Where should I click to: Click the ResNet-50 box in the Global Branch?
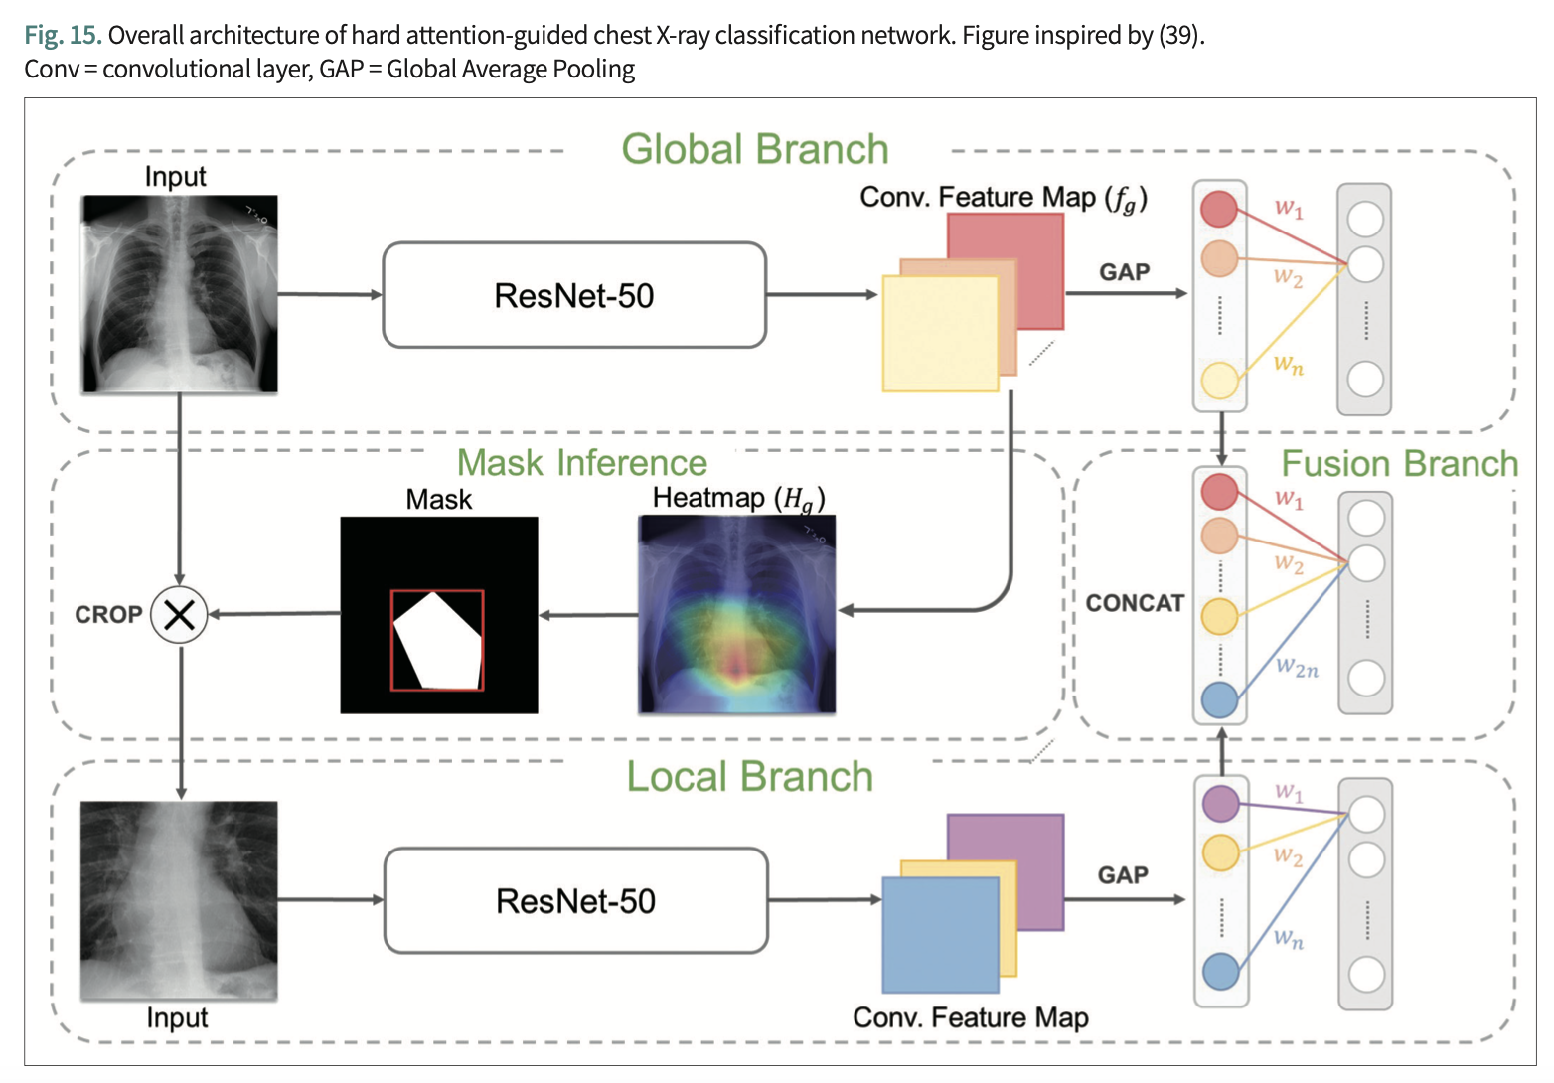click(x=574, y=295)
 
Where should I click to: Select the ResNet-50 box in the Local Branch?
click(x=576, y=900)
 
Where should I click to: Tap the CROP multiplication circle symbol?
click(x=179, y=615)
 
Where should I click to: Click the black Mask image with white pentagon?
click(x=439, y=615)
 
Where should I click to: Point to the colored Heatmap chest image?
click(x=737, y=614)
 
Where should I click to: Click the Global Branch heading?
click(x=755, y=149)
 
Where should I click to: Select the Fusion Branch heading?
click(x=1399, y=463)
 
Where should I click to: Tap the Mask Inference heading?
click(x=582, y=463)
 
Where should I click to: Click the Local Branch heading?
click(x=750, y=776)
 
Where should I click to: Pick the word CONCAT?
click(x=1135, y=603)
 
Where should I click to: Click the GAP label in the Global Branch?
click(x=1125, y=272)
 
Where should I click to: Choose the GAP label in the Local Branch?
click(x=1123, y=875)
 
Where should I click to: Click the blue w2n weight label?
click(x=1297, y=667)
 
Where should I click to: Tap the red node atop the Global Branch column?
click(x=1219, y=208)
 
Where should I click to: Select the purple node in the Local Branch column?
click(x=1220, y=804)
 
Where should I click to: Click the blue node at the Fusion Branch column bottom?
click(x=1219, y=699)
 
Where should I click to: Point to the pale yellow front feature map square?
click(x=941, y=334)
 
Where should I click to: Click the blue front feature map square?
click(x=941, y=935)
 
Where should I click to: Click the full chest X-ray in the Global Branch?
click(x=180, y=294)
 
